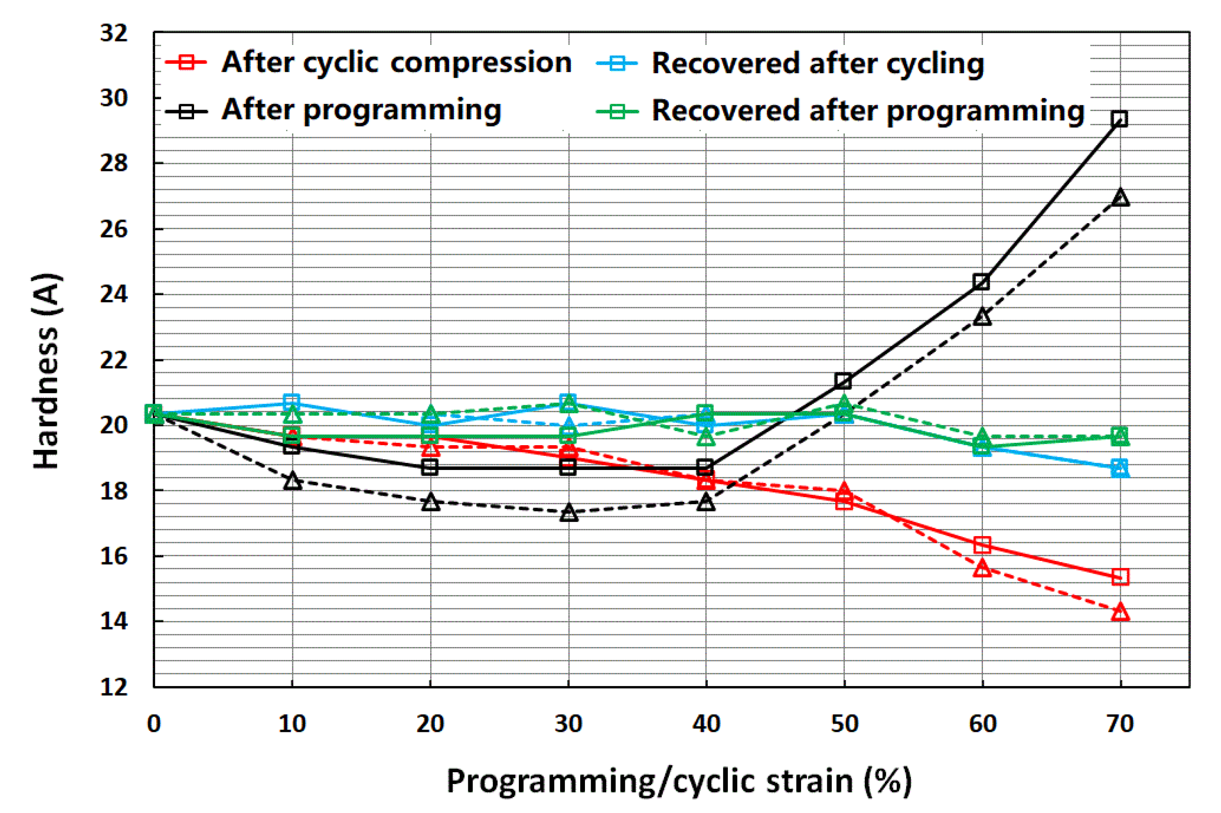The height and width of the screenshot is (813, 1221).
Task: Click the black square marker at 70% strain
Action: click(1120, 119)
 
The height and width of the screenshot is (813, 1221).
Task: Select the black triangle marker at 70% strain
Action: click(1120, 198)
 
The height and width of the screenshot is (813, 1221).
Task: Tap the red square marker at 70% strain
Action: click(1120, 576)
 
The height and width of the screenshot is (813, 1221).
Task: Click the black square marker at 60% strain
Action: click(981, 283)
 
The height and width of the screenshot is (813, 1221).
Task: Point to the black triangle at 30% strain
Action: click(569, 512)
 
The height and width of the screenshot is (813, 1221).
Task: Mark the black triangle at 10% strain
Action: click(292, 481)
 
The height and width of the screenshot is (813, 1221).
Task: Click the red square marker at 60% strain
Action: click(982, 545)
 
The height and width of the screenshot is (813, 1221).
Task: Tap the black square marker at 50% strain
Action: click(844, 381)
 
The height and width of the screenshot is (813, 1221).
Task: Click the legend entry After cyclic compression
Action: click(368, 63)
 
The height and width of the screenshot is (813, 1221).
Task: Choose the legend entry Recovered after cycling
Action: click(790, 64)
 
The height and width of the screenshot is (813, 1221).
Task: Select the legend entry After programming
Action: click(333, 111)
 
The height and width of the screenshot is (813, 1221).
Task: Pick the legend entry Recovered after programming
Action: click(840, 111)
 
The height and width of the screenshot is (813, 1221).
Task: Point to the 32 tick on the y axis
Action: click(113, 33)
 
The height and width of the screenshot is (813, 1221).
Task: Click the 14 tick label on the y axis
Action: click(113, 621)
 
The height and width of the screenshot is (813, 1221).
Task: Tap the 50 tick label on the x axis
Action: click(845, 724)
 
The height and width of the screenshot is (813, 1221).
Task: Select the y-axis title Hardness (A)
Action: click(47, 371)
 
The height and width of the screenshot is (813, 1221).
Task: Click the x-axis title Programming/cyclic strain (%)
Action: click(679, 781)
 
